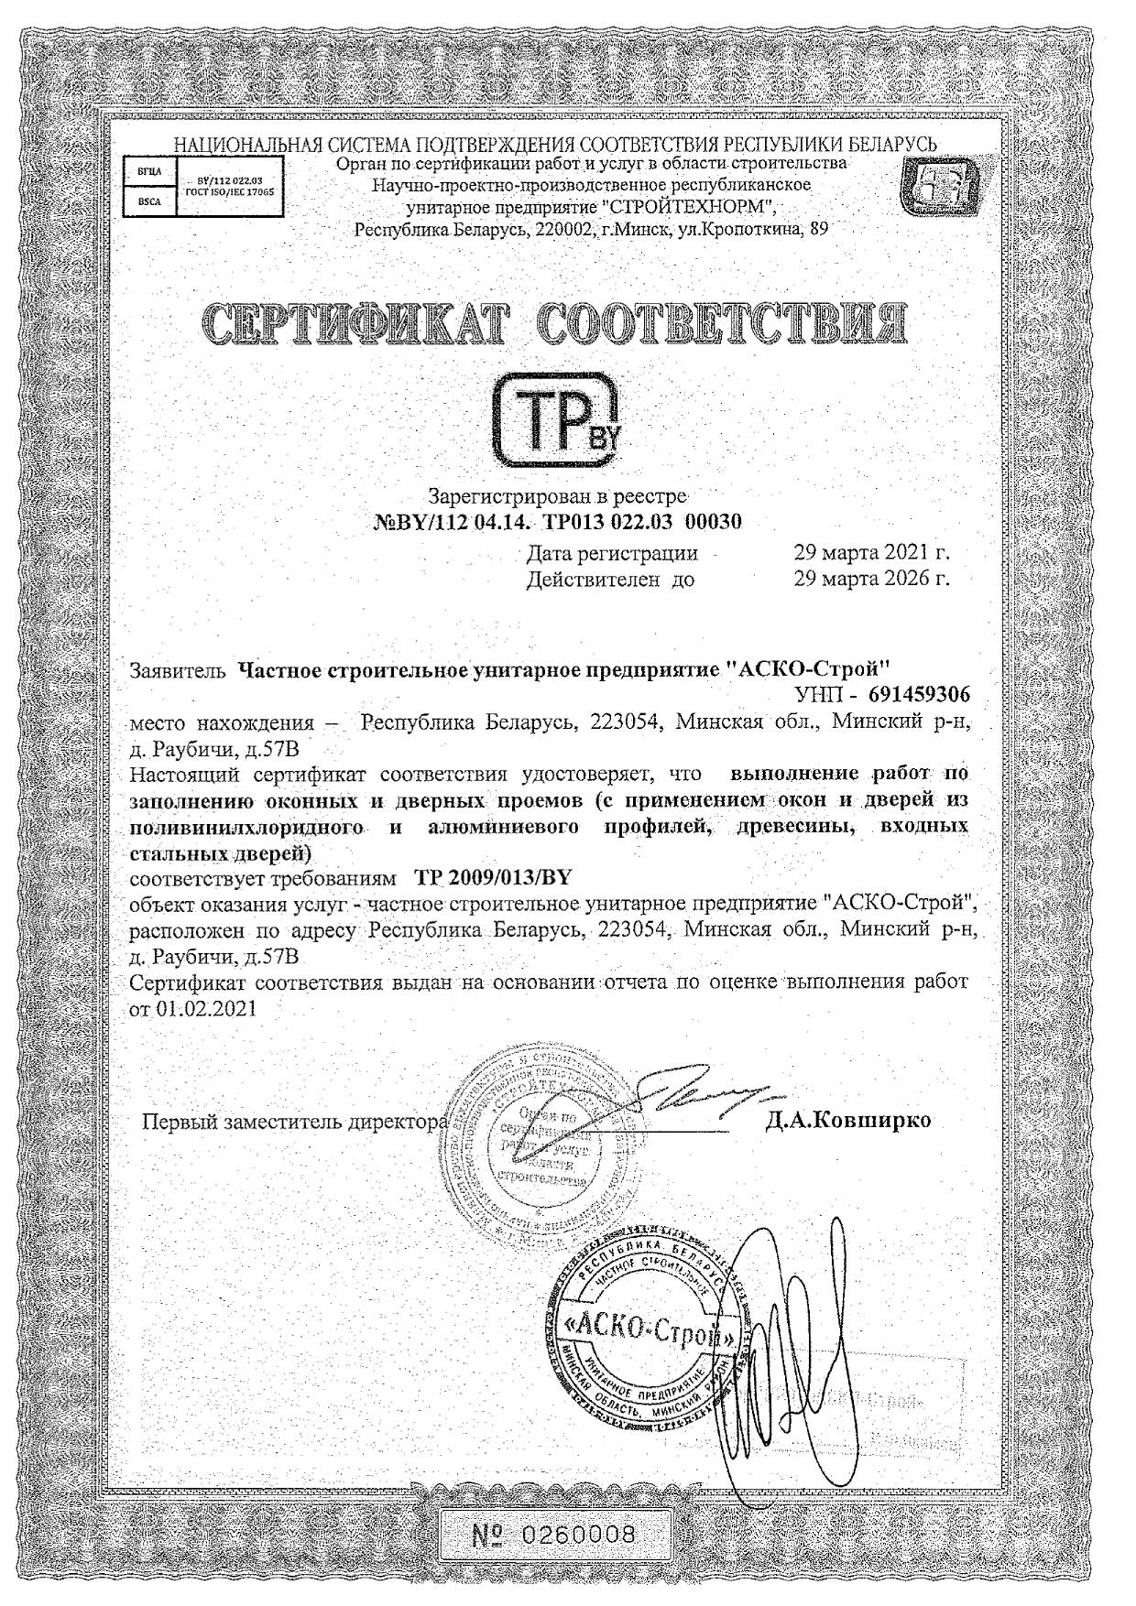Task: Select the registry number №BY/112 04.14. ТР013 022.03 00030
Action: point(558,523)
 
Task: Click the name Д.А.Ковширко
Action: point(848,1120)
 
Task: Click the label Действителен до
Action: point(610,580)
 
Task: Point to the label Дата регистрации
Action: point(612,554)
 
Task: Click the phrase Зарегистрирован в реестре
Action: point(558,497)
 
